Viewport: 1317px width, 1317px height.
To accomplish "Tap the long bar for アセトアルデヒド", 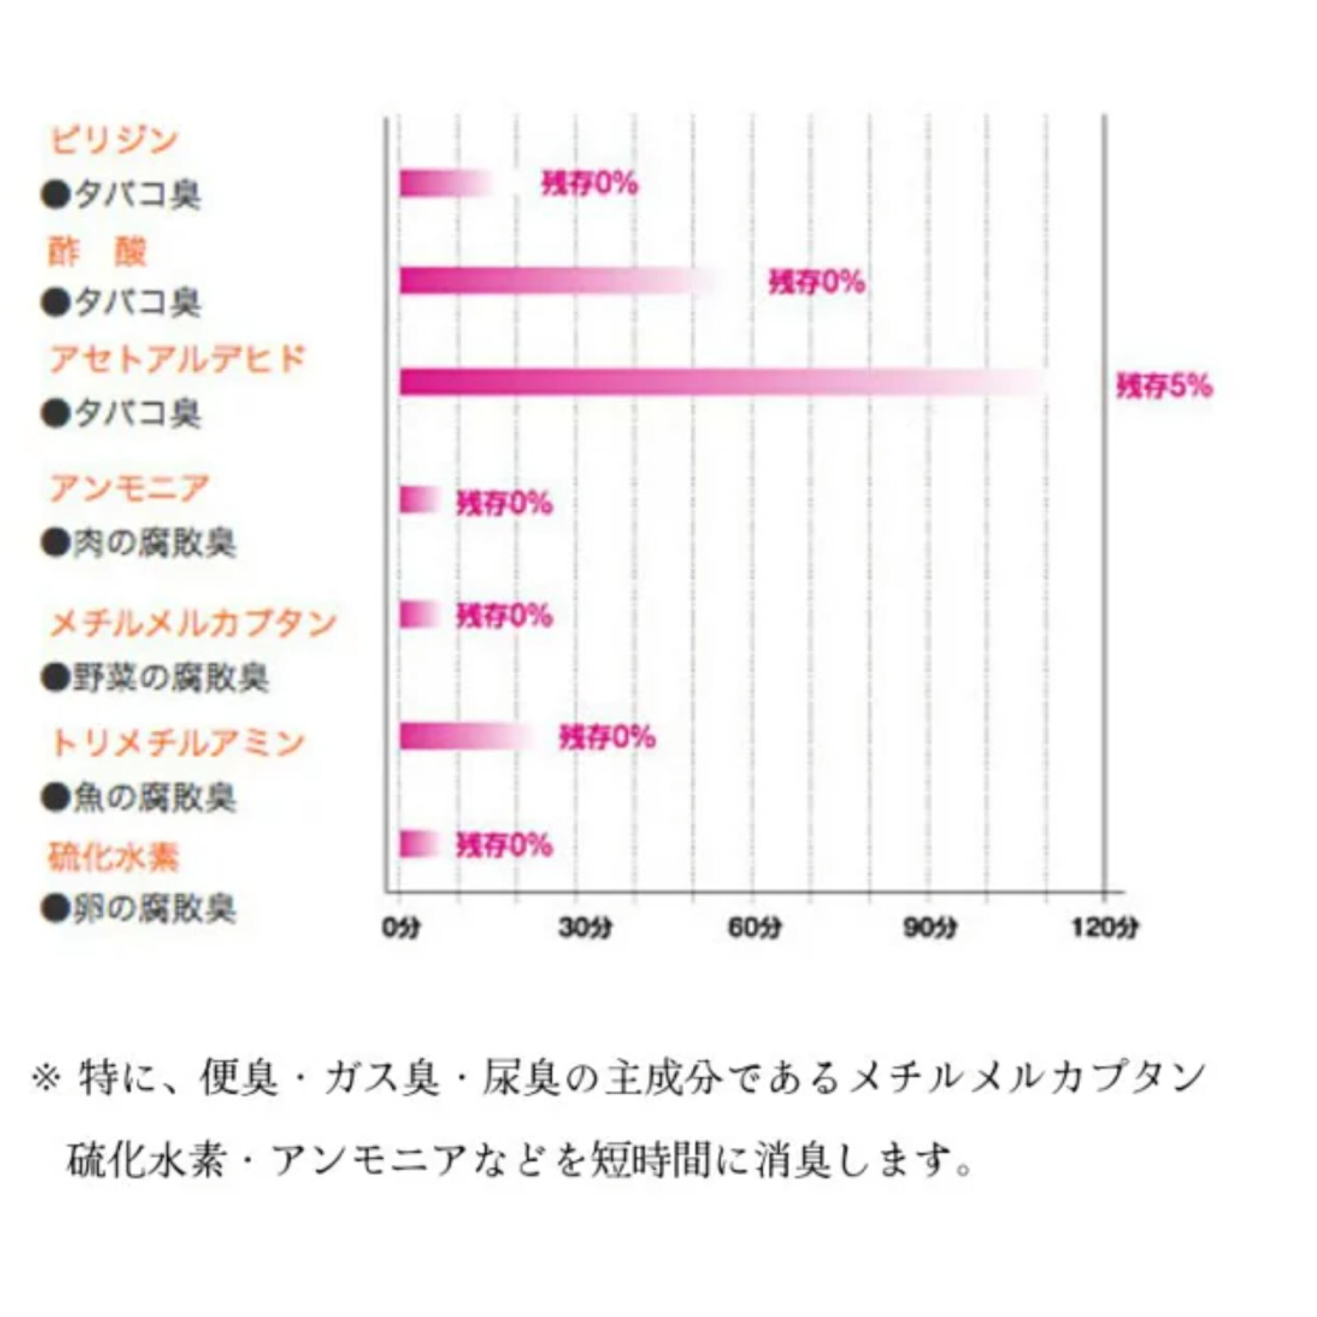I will (716, 382).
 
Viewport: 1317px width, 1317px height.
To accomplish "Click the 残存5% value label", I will (1164, 386).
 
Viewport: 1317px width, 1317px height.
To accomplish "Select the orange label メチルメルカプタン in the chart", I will (193, 622).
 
